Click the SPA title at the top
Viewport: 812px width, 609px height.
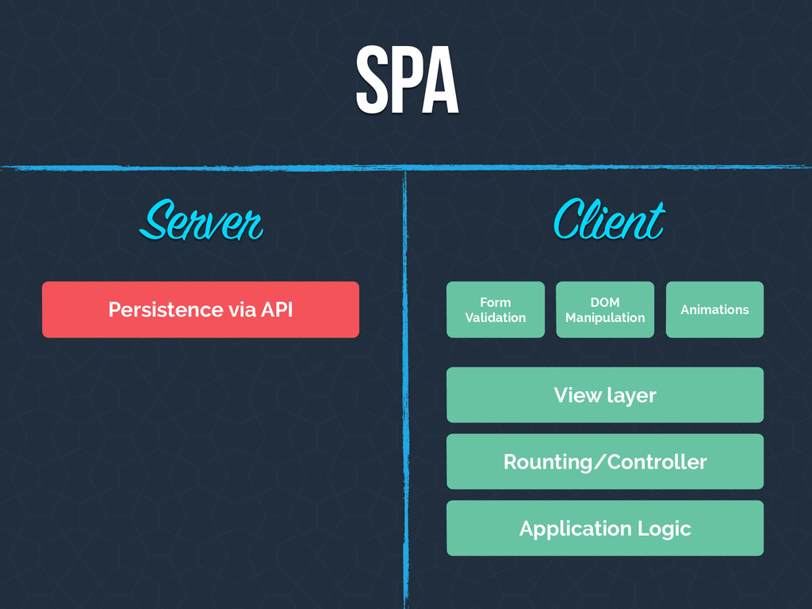pyautogui.click(x=407, y=80)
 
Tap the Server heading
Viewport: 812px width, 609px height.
pyautogui.click(x=201, y=221)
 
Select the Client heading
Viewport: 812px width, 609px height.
pyautogui.click(x=609, y=220)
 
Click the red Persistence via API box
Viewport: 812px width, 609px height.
pyautogui.click(x=201, y=310)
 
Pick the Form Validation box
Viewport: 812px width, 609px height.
pyautogui.click(x=496, y=310)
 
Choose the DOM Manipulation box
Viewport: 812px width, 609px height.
pyautogui.click(x=605, y=310)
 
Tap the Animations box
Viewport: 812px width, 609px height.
pyautogui.click(x=714, y=310)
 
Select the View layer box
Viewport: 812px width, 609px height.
pyautogui.click(x=605, y=395)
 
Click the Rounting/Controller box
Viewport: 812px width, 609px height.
pyautogui.click(x=605, y=462)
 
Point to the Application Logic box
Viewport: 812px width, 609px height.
pyautogui.click(x=605, y=528)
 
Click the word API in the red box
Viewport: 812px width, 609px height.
pyautogui.click(x=277, y=310)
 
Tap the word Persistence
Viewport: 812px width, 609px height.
pyautogui.click(x=166, y=310)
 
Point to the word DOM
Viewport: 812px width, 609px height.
pyautogui.click(x=605, y=302)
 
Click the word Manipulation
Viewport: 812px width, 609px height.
pyautogui.click(x=605, y=317)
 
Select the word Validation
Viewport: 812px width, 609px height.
pyautogui.click(x=496, y=317)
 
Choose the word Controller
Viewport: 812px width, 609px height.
pyautogui.click(x=657, y=462)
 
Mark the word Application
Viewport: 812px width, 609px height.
pyautogui.click(x=576, y=529)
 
